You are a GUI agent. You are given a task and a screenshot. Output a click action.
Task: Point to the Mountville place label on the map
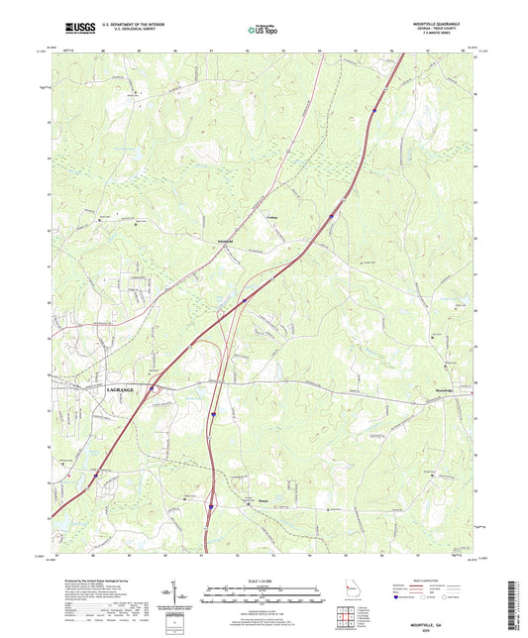pos(450,392)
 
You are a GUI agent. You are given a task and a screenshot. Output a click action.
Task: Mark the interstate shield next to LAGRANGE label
pos(151,389)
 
